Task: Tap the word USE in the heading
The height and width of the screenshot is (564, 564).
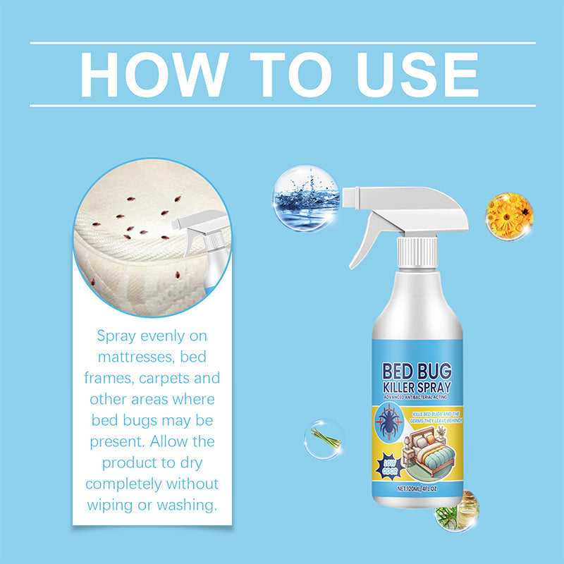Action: (x=410, y=74)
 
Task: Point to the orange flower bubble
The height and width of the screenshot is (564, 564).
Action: (x=509, y=216)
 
